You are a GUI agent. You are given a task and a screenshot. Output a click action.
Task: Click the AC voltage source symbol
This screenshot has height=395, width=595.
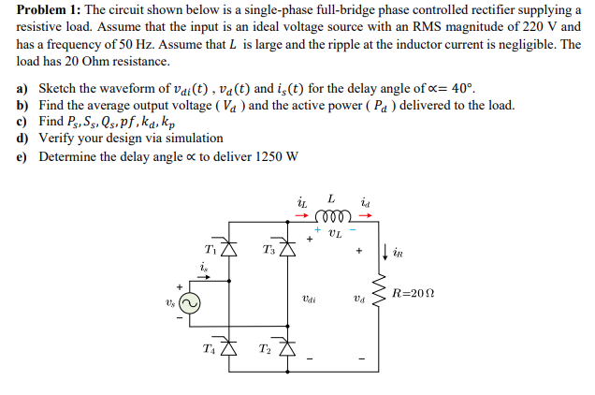pyautogui.click(x=190, y=302)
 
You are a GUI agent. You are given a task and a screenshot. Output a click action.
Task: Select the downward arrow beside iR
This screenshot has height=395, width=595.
pyautogui.click(x=387, y=250)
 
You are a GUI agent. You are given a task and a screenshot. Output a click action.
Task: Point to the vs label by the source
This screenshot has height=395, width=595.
pyautogui.click(x=170, y=303)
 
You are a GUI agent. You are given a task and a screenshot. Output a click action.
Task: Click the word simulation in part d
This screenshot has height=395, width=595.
pyautogui.click(x=192, y=139)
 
